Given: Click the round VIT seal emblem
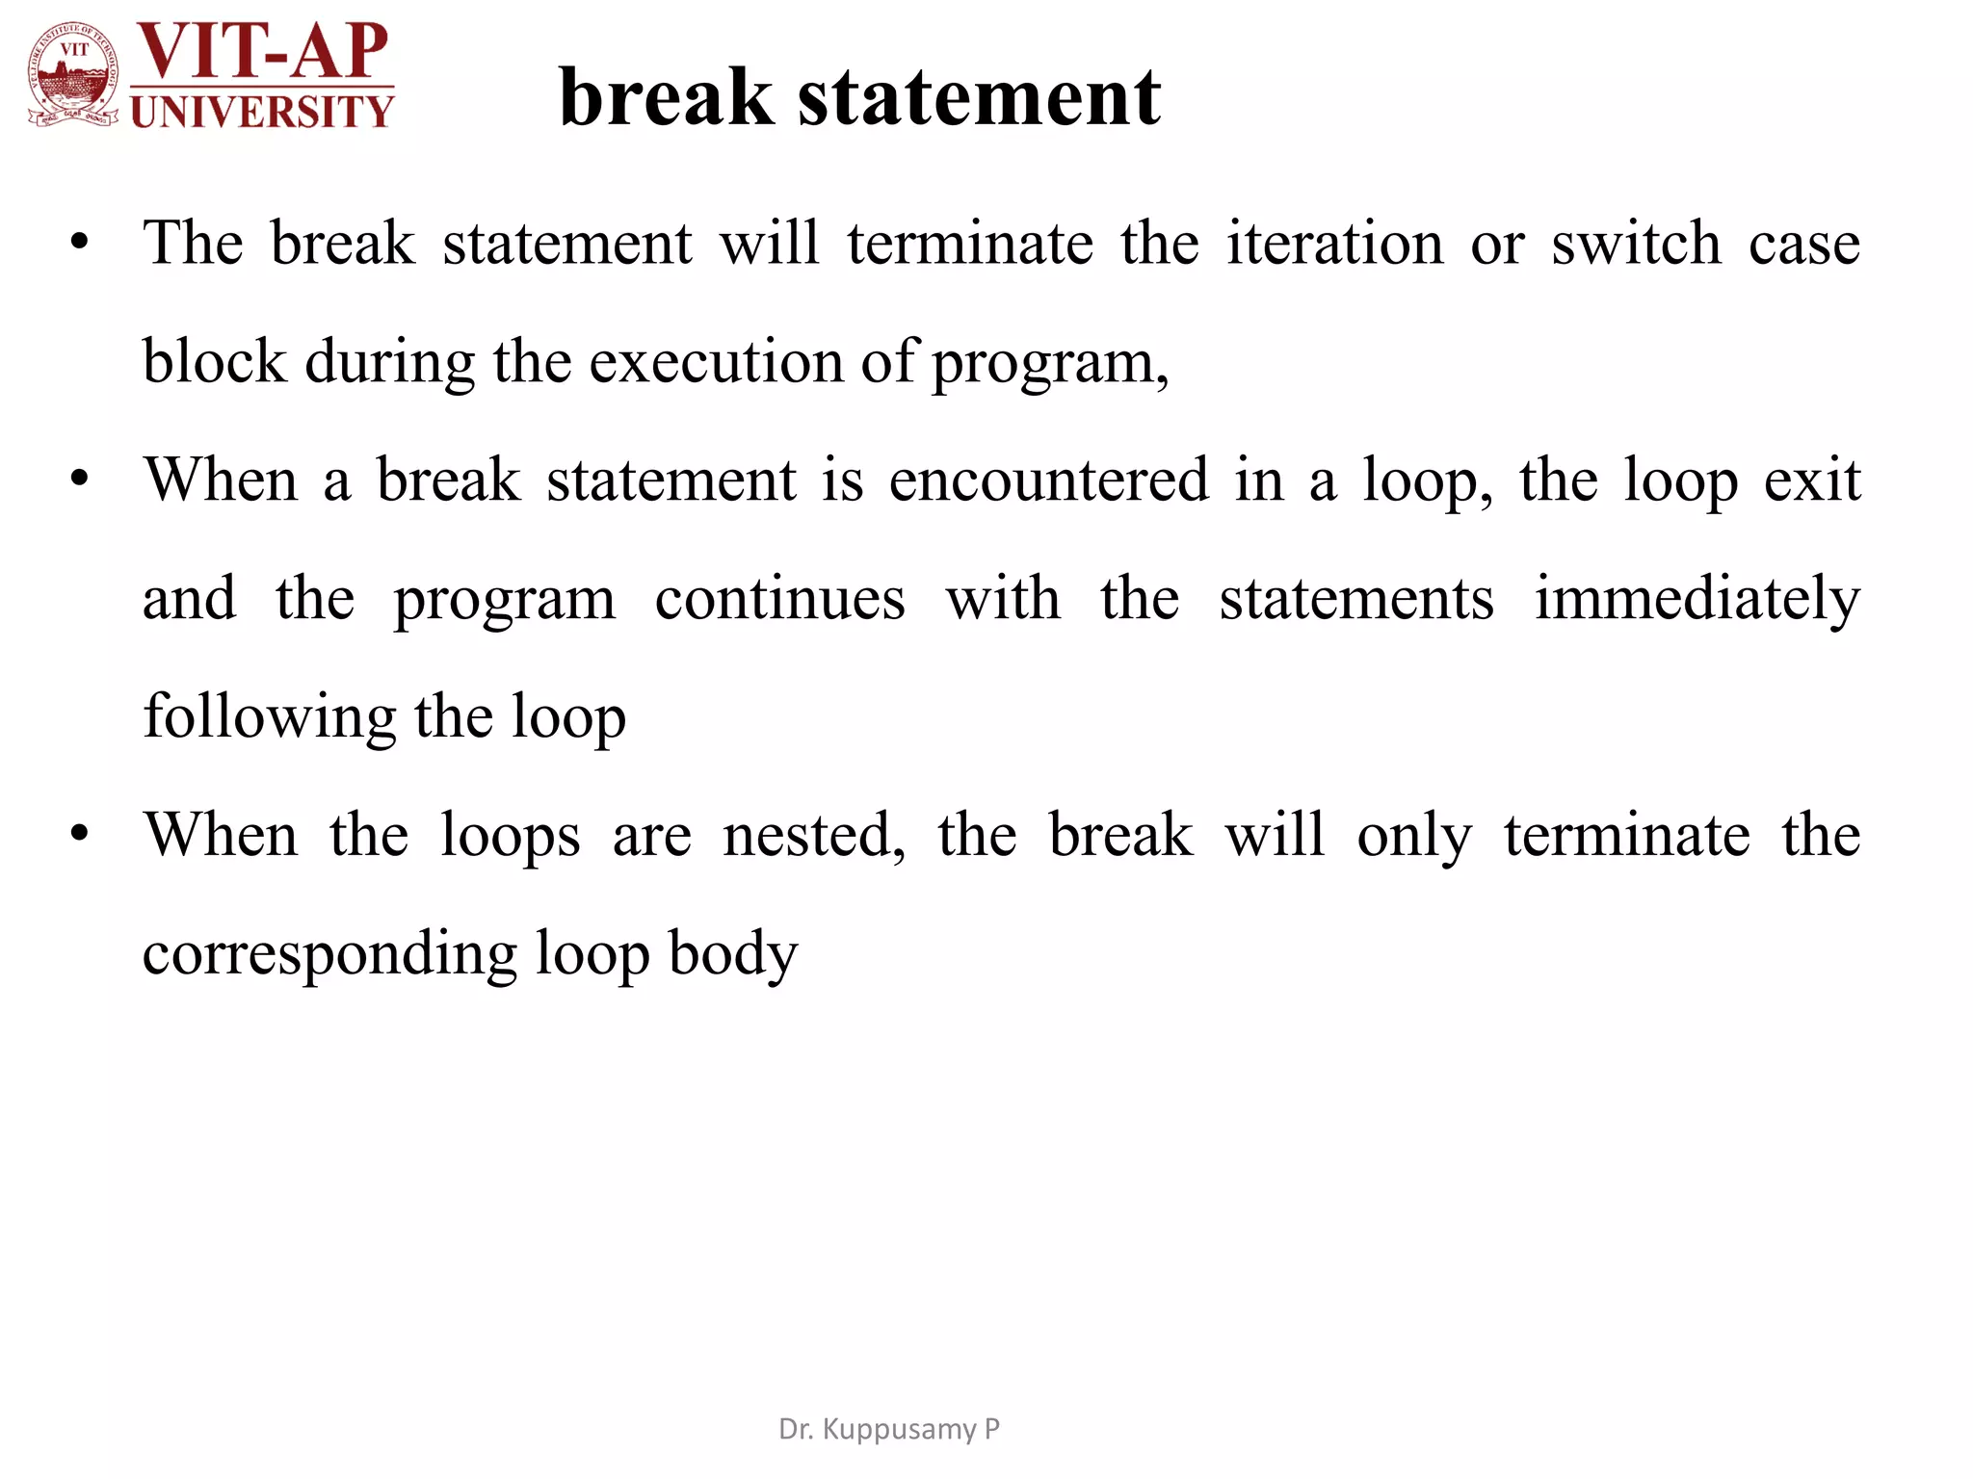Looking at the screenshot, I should click(73, 75).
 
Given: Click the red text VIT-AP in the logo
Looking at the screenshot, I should click(262, 50).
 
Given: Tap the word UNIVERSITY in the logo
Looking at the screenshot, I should click(262, 112).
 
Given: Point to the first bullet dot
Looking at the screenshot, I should click(79, 242).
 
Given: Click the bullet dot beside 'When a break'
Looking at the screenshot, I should click(79, 479).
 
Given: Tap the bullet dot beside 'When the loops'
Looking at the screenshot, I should click(79, 833).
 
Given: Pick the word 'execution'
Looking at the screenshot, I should click(716, 362).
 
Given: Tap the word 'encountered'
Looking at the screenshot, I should click(1048, 480).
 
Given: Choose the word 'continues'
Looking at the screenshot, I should click(780, 598).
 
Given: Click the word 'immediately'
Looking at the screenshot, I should click(1697, 598).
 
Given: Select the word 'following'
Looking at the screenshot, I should click(269, 717).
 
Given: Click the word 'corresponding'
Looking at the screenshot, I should click(329, 953).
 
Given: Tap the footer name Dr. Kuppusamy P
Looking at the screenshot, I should click(888, 1429).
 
